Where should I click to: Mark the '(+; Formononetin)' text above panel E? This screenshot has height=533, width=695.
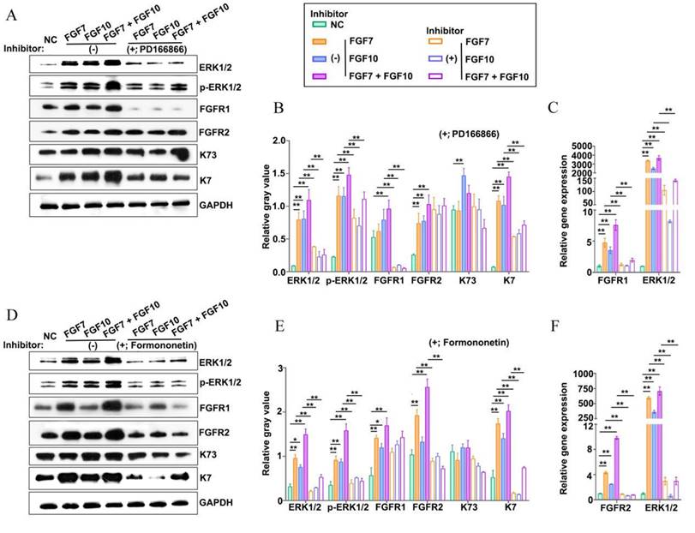(464, 344)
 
